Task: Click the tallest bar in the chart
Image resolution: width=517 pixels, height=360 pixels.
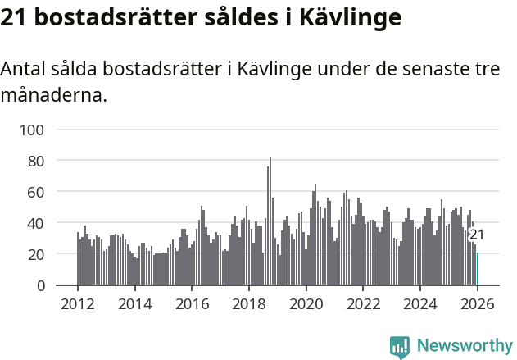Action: tap(270, 221)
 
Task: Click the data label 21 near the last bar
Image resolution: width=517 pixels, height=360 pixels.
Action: tap(477, 235)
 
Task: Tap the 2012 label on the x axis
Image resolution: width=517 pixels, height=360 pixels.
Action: tap(78, 304)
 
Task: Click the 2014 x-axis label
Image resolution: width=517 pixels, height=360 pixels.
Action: tap(135, 304)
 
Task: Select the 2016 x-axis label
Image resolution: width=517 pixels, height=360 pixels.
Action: tap(192, 304)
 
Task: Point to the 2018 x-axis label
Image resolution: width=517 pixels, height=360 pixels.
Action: tap(249, 304)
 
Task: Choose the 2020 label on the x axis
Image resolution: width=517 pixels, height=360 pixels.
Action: tap(306, 304)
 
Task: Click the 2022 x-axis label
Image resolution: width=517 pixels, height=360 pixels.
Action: tap(363, 304)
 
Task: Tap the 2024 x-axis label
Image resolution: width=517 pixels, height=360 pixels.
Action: tap(420, 304)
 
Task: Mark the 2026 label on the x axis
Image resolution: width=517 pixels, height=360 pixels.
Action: tap(478, 304)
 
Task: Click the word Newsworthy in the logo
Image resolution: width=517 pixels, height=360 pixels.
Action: tap(465, 346)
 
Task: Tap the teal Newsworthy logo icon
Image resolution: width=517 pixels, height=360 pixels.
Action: tap(400, 347)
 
